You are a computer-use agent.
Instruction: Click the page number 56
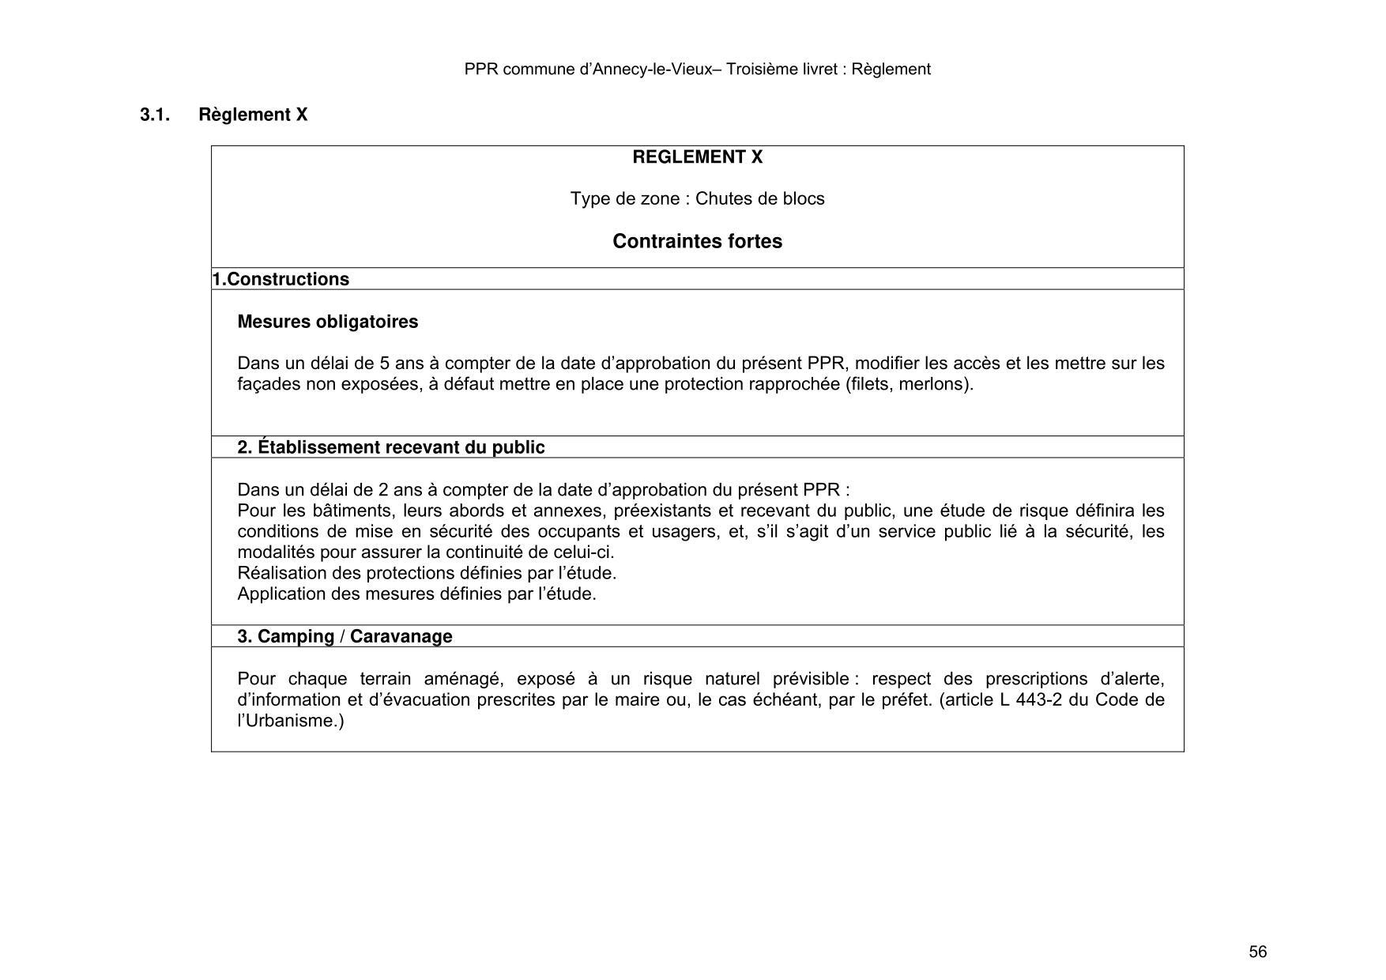click(x=1257, y=952)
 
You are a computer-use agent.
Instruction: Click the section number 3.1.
click(x=155, y=115)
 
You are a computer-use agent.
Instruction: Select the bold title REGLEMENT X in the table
click(x=697, y=157)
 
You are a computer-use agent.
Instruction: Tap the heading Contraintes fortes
click(x=697, y=241)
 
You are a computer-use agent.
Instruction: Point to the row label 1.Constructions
click(x=281, y=279)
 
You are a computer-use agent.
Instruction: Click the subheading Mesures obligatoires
click(x=327, y=322)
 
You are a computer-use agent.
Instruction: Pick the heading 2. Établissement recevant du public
click(x=390, y=447)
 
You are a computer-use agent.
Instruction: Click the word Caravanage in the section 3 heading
click(x=401, y=636)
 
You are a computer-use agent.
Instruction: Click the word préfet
click(x=907, y=700)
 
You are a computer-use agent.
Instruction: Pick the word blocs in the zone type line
click(x=803, y=198)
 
